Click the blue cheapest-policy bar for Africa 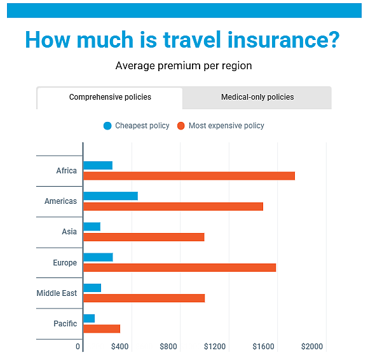tap(98, 166)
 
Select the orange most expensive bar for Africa tap(189, 176)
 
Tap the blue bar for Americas tap(111, 196)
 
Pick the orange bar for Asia tap(144, 237)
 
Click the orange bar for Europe tap(180, 268)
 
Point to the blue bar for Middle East tap(92, 288)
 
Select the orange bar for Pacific tap(102, 329)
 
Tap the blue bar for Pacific tap(89, 319)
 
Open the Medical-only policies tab tap(257, 98)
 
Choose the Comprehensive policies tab tap(110, 98)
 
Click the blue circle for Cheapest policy tap(107, 126)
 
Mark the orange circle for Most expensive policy tap(181, 126)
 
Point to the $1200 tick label tap(215, 347)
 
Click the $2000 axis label tap(312, 347)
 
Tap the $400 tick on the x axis tap(119, 347)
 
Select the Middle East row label tap(57, 293)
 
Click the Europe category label tap(65, 263)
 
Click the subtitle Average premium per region tap(184, 66)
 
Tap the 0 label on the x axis tap(78, 347)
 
